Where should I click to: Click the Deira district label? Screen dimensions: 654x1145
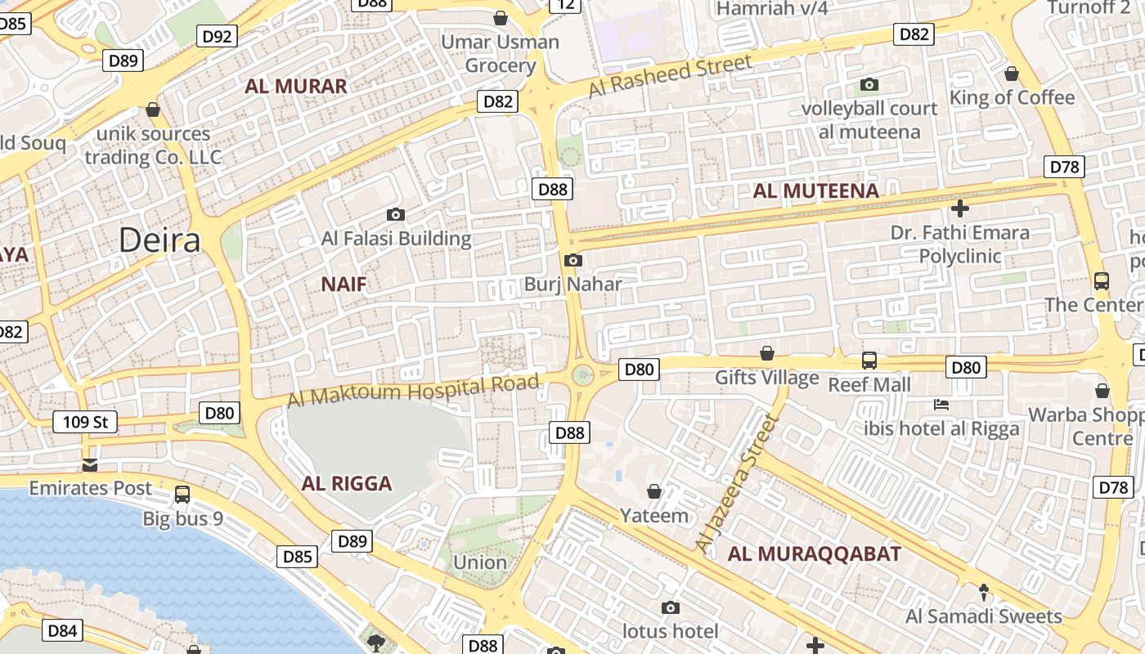[159, 240]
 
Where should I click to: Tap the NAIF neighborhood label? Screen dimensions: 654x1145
[343, 284]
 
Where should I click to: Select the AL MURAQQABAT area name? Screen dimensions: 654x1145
[815, 553]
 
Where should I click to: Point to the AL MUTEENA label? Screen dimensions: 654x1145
[815, 191]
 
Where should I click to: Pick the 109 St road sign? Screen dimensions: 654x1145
[85, 422]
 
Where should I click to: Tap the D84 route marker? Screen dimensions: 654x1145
[62, 630]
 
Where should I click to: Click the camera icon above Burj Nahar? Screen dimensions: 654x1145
[573, 261]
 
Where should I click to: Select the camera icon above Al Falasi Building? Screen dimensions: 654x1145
[396, 215]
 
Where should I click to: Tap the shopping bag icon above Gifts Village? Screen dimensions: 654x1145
[767, 353]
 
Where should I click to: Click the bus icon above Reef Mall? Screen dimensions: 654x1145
[869, 360]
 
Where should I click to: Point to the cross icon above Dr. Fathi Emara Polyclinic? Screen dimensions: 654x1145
[959, 208]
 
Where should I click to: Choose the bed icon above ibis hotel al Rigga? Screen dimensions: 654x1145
[941, 405]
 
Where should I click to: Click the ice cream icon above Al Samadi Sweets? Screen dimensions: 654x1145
[984, 592]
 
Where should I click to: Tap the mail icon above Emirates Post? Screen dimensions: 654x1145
[90, 465]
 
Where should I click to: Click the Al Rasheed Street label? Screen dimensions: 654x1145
[670, 76]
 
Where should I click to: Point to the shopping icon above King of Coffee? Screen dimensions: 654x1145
[1012, 74]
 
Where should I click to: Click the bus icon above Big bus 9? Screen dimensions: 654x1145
[182, 495]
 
